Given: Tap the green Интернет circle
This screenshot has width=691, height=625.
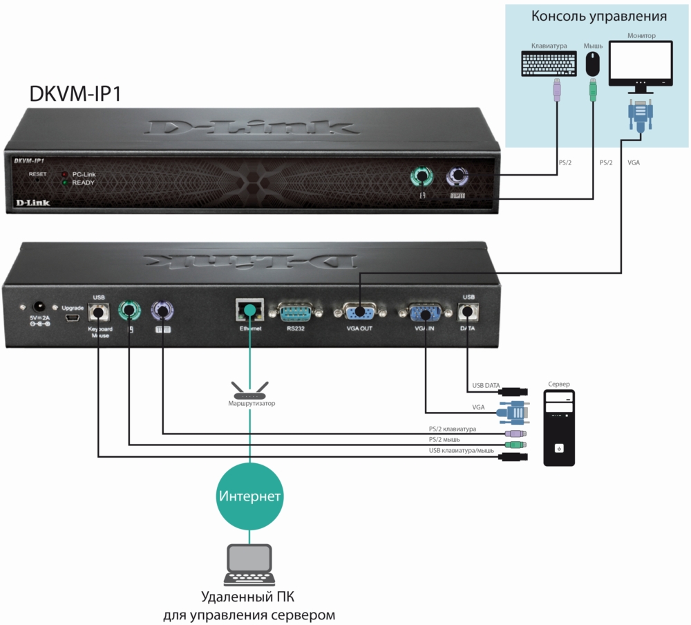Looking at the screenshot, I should [249, 496].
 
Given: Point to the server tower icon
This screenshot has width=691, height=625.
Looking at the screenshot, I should [559, 429].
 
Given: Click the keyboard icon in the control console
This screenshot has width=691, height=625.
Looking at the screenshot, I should [549, 64].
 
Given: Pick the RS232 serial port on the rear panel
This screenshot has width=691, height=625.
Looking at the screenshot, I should [296, 312].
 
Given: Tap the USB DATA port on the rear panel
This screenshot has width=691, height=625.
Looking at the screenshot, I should [468, 312].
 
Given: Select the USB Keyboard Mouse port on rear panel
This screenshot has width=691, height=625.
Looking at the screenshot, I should [99, 312].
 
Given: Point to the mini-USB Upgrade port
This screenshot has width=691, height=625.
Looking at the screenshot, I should [72, 319].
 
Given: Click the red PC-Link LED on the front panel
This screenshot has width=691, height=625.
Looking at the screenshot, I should [64, 175].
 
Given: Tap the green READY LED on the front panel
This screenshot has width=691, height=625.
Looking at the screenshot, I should [64, 183].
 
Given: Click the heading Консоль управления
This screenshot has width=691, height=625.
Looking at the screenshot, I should [598, 17].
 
